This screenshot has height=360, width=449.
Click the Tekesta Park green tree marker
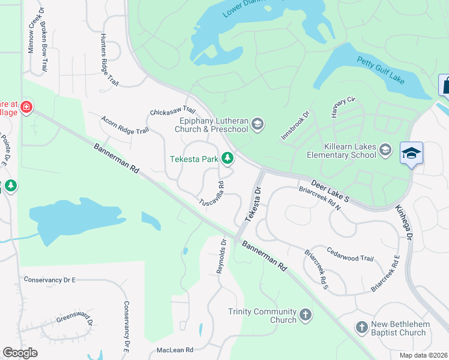click(228, 158)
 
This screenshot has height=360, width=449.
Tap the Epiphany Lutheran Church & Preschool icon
click(258, 124)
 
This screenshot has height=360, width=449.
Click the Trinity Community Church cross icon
click(306, 314)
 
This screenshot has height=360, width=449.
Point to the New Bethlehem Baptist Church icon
click(361, 328)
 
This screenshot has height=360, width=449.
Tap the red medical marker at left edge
click(26, 107)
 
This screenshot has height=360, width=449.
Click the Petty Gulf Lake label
click(381, 70)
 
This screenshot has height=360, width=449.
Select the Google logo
click(20, 353)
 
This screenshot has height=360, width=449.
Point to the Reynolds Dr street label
click(221, 257)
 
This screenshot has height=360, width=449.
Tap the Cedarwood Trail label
click(351, 254)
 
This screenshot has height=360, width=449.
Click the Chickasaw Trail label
click(173, 111)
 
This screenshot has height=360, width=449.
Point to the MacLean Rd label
click(175, 350)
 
